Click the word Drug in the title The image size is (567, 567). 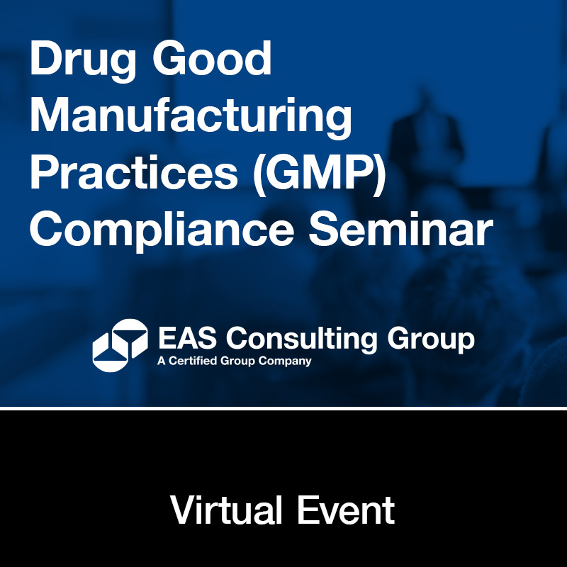coord(83,62)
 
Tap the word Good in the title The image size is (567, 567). coord(212,58)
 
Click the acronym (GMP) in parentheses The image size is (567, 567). coord(320,174)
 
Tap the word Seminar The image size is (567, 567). coord(401,228)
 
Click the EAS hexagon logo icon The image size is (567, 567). coord(120,345)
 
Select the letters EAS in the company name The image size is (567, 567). coord(187,338)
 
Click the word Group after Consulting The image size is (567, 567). coord(431,340)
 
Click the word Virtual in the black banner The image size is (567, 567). coord(226,510)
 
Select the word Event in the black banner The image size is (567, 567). coord(346,510)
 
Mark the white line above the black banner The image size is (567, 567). coord(283,408)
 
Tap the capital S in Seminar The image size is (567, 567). coord(324,228)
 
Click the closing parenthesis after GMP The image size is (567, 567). coord(379,174)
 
